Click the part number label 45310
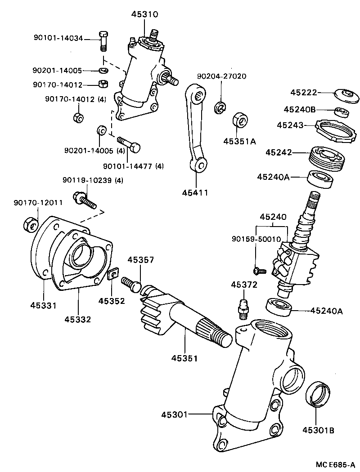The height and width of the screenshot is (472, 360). (144, 14)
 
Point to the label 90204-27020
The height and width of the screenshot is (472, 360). (222, 76)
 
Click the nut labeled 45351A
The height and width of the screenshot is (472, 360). (239, 122)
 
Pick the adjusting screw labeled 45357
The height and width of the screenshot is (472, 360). (130, 282)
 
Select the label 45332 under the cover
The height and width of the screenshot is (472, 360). (77, 319)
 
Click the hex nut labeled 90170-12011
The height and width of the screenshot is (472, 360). (30, 223)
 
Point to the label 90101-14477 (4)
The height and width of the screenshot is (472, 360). (133, 166)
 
